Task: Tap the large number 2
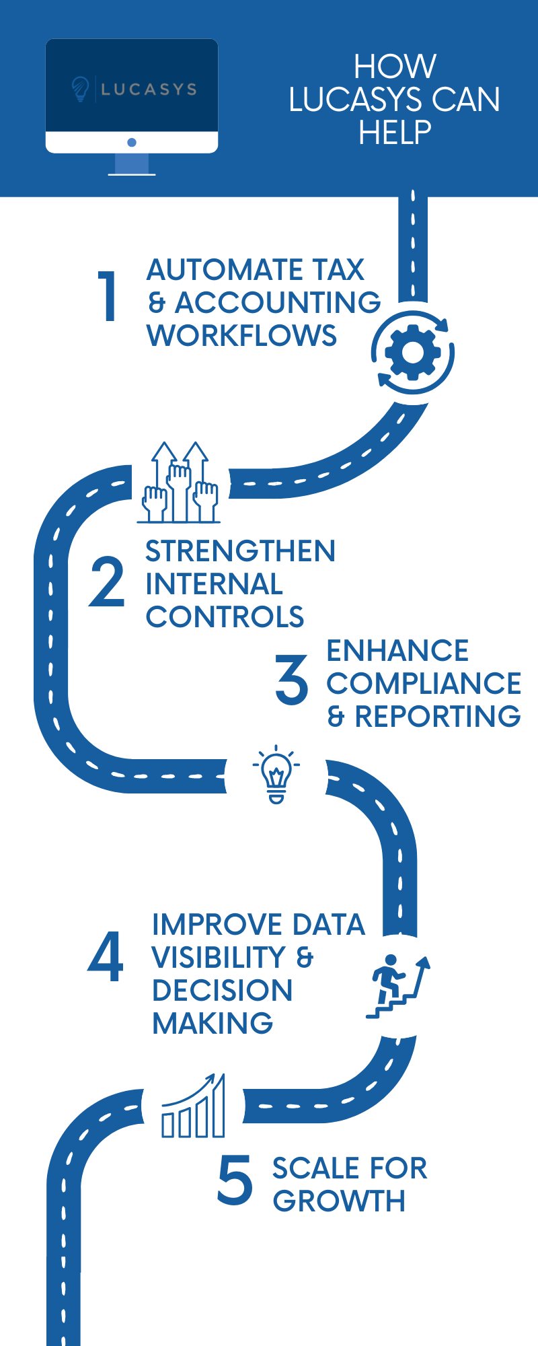pyautogui.click(x=107, y=582)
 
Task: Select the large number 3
pyautogui.click(x=292, y=681)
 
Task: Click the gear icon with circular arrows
pyautogui.click(x=413, y=353)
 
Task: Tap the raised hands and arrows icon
pyautogui.click(x=179, y=483)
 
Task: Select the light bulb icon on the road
pyautogui.click(x=276, y=775)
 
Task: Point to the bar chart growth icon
pyautogui.click(x=194, y=1107)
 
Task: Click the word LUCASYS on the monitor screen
pyautogui.click(x=149, y=89)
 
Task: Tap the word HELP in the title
pyautogui.click(x=395, y=133)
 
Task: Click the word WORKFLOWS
pyautogui.click(x=241, y=335)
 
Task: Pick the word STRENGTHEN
pyautogui.click(x=240, y=551)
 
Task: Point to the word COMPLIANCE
pyautogui.click(x=424, y=683)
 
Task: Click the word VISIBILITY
pyautogui.click(x=219, y=957)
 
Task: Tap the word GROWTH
pyautogui.click(x=339, y=1201)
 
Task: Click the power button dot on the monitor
pyautogui.click(x=132, y=142)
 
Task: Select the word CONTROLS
pyautogui.click(x=225, y=617)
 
